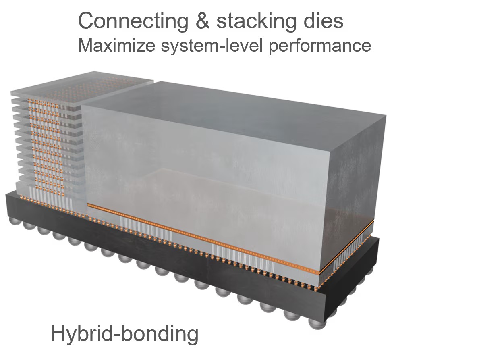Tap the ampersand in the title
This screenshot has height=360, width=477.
[x=202, y=21]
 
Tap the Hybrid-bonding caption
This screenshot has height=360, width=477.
[x=124, y=334]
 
